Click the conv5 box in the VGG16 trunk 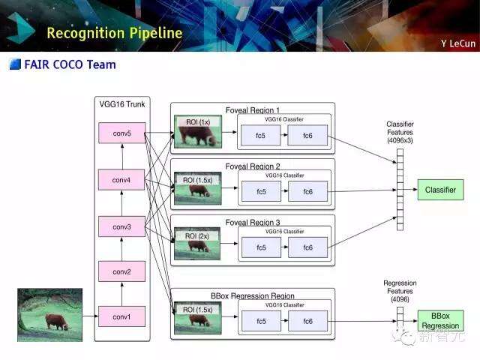[x=121, y=133]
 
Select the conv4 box [x=121, y=180]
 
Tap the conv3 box [x=121, y=226]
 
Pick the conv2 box [x=121, y=271]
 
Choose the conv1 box [x=121, y=316]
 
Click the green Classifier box [x=440, y=190]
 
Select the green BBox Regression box [x=440, y=321]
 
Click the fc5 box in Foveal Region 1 [x=261, y=136]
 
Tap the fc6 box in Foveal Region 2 [x=307, y=191]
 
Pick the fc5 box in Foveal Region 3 [x=261, y=247]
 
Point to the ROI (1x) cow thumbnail [x=197, y=131]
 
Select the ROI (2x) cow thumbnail [x=197, y=244]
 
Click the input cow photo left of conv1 [x=49, y=315]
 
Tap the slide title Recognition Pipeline [x=114, y=33]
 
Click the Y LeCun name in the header [x=457, y=43]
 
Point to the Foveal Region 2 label [x=253, y=166]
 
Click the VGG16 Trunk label [x=121, y=104]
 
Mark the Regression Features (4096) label [x=400, y=291]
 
